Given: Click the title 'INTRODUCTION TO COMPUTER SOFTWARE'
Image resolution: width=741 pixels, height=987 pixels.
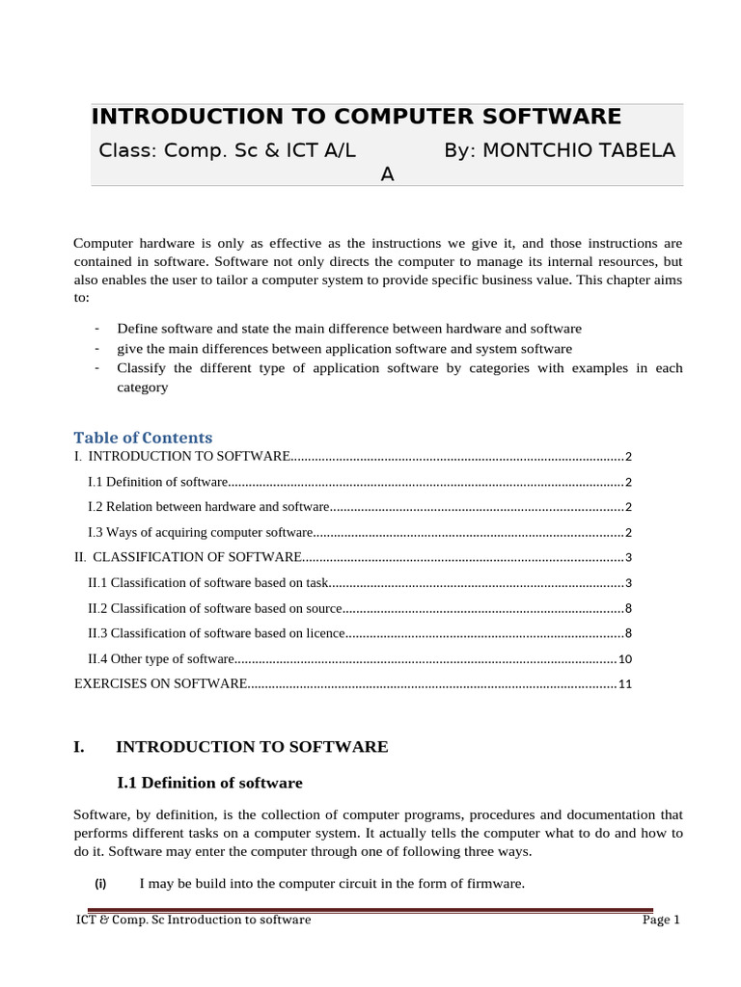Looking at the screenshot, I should tap(356, 117).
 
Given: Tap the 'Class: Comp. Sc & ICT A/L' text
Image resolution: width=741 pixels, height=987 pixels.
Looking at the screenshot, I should tap(227, 150).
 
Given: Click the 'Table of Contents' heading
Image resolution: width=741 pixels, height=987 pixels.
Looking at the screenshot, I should tap(143, 438).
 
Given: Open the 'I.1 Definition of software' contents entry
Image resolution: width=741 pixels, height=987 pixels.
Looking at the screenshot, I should tap(158, 482).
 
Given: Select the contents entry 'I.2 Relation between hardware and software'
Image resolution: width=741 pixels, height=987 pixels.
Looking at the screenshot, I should tap(208, 507).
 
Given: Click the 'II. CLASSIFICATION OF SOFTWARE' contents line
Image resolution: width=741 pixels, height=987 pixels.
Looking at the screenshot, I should tap(188, 557).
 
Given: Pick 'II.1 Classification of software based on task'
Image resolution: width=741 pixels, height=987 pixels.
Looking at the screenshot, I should tap(208, 583).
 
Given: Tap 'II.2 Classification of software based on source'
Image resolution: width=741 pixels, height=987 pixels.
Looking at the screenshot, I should tap(215, 608).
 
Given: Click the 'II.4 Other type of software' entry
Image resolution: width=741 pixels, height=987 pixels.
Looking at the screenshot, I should tap(161, 659).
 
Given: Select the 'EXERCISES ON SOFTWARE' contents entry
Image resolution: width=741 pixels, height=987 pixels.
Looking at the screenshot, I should tap(161, 684).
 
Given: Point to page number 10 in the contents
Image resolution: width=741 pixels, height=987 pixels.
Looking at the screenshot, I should tap(624, 659).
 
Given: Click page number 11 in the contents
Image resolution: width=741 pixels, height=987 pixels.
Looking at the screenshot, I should tap(624, 684).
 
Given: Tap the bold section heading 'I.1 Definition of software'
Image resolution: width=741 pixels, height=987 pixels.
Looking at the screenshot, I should tap(209, 783).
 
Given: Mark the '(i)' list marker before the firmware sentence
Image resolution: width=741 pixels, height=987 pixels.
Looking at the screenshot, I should tap(100, 884).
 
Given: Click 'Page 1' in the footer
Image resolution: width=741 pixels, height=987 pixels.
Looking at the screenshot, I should tap(661, 920).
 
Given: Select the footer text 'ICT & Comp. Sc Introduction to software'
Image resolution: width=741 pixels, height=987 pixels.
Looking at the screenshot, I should tap(193, 920).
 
